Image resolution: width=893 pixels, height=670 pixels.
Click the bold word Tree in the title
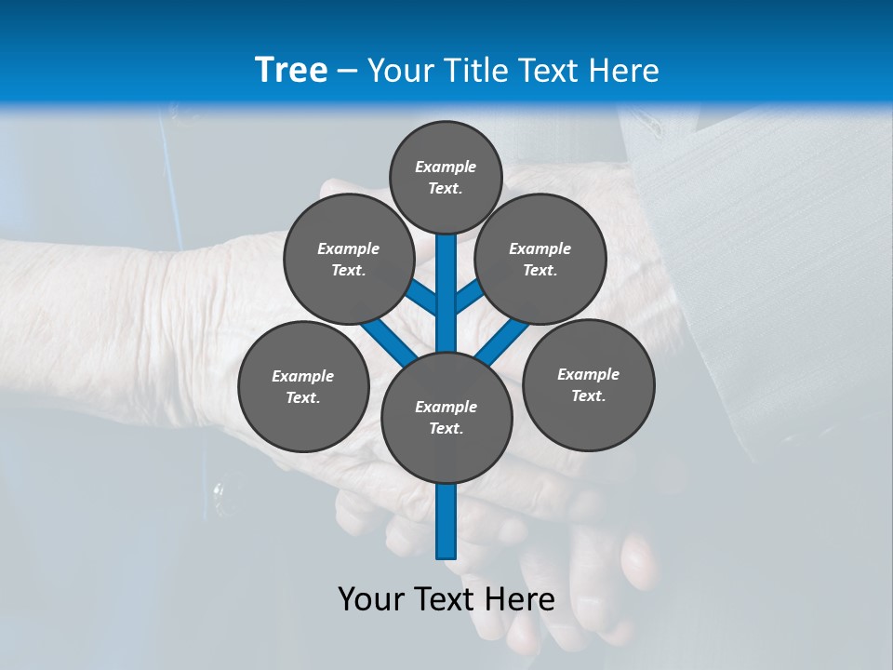(x=291, y=70)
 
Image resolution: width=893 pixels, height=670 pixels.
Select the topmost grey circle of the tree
(x=446, y=177)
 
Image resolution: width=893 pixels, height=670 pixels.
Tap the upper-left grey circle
(x=348, y=260)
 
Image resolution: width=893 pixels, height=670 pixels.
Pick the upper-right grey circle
(x=540, y=260)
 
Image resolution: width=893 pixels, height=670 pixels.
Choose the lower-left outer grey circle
(x=302, y=386)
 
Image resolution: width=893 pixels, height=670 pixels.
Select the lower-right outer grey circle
(x=588, y=384)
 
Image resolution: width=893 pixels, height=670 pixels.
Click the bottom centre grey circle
(x=446, y=417)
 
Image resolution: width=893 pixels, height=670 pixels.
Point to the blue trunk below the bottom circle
(x=446, y=521)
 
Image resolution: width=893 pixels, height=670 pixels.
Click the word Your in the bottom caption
(x=370, y=599)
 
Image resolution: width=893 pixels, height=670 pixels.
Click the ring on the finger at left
(x=218, y=490)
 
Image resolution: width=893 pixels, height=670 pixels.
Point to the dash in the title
(x=347, y=71)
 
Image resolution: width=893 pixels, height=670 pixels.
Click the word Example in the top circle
(x=446, y=167)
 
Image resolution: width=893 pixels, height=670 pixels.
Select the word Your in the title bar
(x=397, y=71)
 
